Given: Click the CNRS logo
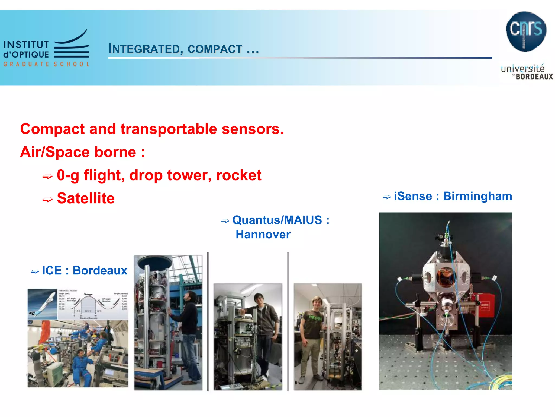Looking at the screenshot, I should click(x=526, y=31).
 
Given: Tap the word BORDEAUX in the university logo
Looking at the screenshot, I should click(x=534, y=77).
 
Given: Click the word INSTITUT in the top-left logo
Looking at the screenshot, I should click(x=26, y=45).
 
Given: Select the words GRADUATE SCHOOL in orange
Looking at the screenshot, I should click(x=46, y=64).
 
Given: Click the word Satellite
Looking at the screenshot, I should click(x=86, y=198).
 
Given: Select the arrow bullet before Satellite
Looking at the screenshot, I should click(x=47, y=200).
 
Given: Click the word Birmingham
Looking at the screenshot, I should click(x=477, y=196).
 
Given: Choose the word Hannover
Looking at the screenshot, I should click(x=263, y=234).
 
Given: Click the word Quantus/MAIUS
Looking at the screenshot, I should click(x=277, y=220).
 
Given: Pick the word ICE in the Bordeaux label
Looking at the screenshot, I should click(x=52, y=270).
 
